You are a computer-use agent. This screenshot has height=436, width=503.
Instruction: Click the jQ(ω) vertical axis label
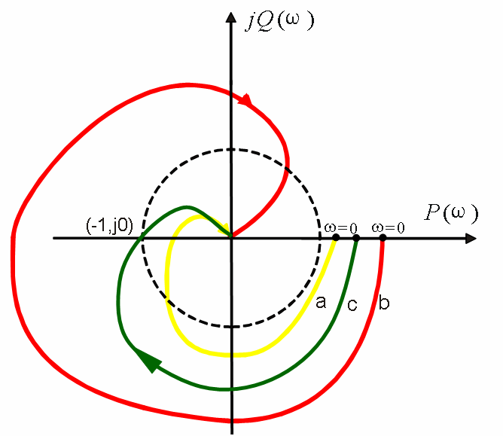click(279, 22)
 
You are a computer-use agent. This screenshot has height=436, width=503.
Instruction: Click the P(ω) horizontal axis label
click(451, 212)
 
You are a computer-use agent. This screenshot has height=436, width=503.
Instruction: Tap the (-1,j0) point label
click(109, 226)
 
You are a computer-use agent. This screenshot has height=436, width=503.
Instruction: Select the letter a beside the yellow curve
click(321, 302)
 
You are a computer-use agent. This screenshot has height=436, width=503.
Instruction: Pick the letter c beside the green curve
click(352, 305)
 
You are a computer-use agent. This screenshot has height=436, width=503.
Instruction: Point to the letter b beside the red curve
click(384, 302)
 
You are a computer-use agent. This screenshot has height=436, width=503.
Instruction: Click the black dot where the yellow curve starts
click(336, 238)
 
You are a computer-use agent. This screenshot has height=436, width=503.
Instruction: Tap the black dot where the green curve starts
click(356, 238)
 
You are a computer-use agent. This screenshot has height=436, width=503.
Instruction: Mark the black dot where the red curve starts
click(383, 238)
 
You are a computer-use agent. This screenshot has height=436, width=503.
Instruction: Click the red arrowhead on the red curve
click(246, 100)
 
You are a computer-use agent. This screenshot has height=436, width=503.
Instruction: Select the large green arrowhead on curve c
click(148, 360)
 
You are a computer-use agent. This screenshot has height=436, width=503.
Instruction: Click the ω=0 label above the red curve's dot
click(388, 228)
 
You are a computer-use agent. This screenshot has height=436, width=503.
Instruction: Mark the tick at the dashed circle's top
click(231, 150)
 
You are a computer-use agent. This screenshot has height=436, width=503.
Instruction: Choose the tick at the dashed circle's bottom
click(232, 327)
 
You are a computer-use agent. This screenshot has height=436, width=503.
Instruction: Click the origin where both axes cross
click(231, 238)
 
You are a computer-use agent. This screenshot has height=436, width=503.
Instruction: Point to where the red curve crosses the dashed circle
click(286, 169)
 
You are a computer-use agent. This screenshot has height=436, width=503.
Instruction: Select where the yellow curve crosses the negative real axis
click(172, 238)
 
